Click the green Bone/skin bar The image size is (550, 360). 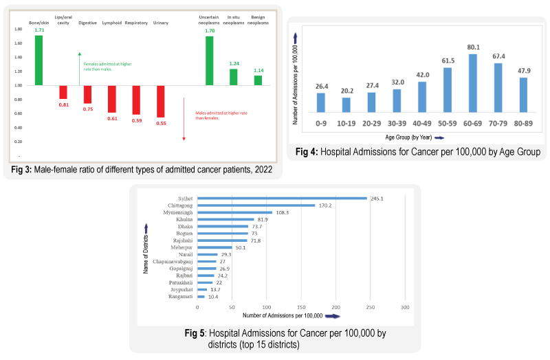click(x=38, y=60)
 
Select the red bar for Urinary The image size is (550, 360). click(x=161, y=101)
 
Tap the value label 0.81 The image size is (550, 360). click(x=63, y=104)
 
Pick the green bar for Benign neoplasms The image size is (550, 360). click(x=258, y=80)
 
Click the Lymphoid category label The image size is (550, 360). click(x=111, y=23)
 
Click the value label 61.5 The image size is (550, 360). click(x=448, y=60)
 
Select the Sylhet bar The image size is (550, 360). click(x=282, y=198)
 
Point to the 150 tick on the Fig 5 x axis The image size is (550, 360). click(x=300, y=306)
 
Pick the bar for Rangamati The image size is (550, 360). click(x=201, y=296)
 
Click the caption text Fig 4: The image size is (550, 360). click(x=307, y=152)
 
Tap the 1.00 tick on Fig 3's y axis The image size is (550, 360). click(x=17, y=86)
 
